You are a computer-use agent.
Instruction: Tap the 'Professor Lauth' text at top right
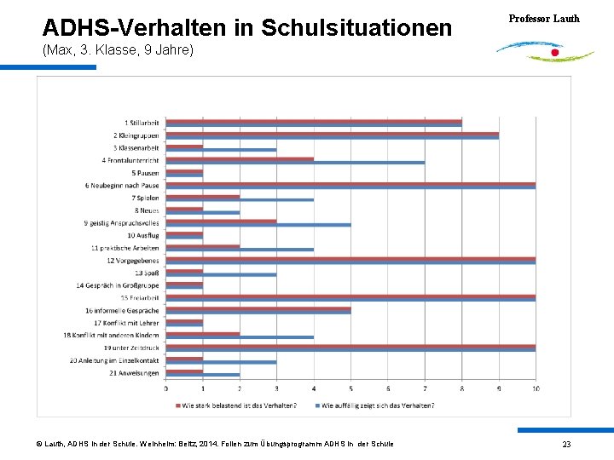pyautogui.click(x=544, y=18)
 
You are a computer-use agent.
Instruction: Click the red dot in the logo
pyautogui.click(x=555, y=53)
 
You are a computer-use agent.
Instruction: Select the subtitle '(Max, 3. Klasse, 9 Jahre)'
pyautogui.click(x=118, y=51)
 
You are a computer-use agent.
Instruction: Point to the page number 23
pyautogui.click(x=566, y=445)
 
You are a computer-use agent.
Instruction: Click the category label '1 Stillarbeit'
pyautogui.click(x=142, y=123)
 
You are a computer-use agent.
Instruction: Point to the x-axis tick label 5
pyautogui.click(x=351, y=389)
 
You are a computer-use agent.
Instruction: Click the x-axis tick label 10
pyautogui.click(x=535, y=389)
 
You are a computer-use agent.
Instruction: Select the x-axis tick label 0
pyautogui.click(x=166, y=389)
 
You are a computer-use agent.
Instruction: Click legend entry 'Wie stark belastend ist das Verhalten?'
pyautogui.click(x=239, y=405)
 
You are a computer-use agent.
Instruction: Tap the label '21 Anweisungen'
pyautogui.click(x=136, y=372)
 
